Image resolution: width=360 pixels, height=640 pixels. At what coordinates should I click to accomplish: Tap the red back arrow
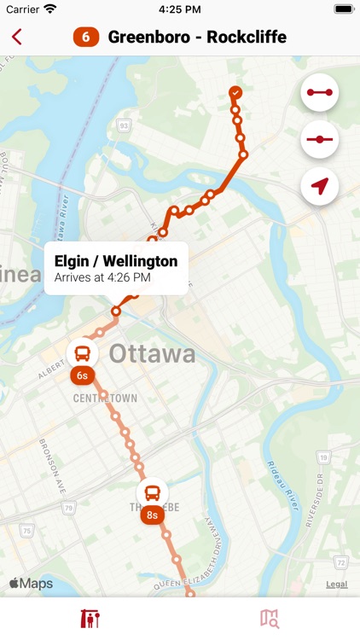(x=17, y=37)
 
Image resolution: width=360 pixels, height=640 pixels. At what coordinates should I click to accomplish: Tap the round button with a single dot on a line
(x=320, y=138)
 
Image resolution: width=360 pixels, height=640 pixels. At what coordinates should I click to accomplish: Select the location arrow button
(x=320, y=185)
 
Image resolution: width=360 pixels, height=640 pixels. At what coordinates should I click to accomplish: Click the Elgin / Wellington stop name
(x=116, y=261)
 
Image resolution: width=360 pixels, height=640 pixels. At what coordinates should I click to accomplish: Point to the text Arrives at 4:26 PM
(x=102, y=277)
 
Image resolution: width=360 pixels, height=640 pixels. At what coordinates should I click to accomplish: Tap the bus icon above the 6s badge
(x=83, y=352)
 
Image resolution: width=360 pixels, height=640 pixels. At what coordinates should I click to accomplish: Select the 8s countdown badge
(x=152, y=515)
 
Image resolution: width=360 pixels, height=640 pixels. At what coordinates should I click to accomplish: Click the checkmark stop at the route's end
(x=235, y=92)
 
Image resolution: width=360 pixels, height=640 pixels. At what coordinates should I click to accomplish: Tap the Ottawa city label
(x=152, y=353)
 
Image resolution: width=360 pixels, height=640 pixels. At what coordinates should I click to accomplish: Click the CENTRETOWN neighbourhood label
(x=105, y=399)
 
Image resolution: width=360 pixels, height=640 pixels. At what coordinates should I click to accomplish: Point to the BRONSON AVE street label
(x=50, y=465)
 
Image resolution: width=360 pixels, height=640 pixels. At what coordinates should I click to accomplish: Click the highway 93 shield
(x=125, y=126)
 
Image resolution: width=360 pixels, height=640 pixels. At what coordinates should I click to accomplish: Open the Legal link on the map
(x=336, y=585)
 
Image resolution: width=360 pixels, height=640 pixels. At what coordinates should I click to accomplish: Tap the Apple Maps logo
(x=32, y=584)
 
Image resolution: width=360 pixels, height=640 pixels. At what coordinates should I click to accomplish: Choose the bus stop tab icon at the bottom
(x=90, y=619)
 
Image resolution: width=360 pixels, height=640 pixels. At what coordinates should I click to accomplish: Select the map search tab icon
(x=270, y=619)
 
